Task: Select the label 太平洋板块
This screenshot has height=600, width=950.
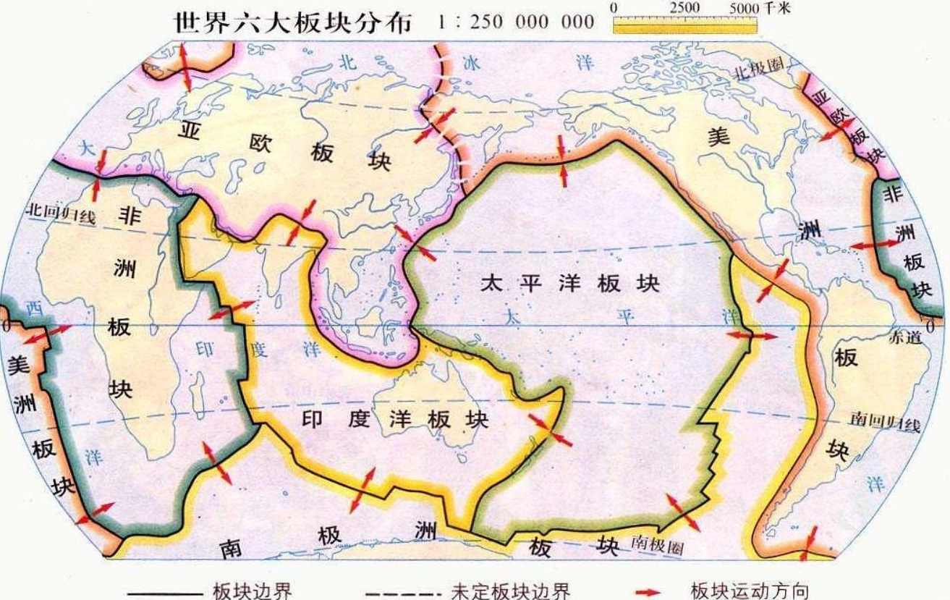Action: point(570,283)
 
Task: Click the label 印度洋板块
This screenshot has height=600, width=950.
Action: point(394,420)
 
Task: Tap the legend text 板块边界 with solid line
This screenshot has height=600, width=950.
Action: point(253,591)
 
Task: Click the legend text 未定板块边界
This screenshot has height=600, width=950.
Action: point(510,591)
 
